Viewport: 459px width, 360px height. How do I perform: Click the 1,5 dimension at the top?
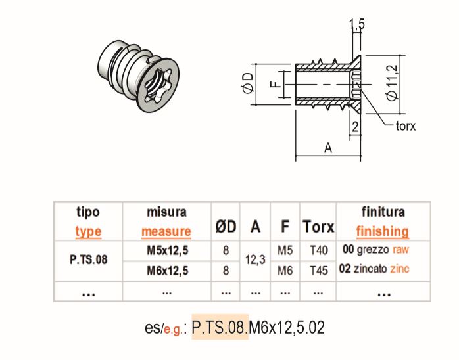[x=357, y=24]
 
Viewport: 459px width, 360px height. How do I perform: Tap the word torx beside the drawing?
[x=405, y=125]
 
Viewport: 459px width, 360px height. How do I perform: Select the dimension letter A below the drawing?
[x=328, y=148]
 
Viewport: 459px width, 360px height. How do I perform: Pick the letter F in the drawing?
[x=275, y=83]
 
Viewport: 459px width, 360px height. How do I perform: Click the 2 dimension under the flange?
[x=355, y=127]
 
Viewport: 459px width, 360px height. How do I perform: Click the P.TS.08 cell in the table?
[x=88, y=259]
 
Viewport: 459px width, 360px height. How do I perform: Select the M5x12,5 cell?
[x=166, y=250]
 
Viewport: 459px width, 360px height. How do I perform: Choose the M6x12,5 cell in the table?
[x=166, y=269]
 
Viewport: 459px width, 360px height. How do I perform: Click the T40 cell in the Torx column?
[x=318, y=250]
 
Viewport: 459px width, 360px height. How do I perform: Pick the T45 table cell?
[x=318, y=269]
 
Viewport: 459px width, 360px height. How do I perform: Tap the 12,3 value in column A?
[x=255, y=259]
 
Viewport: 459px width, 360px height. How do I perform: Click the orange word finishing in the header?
[x=383, y=231]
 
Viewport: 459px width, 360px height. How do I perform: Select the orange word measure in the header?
[x=166, y=231]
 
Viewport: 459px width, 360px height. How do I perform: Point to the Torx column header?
[x=318, y=227]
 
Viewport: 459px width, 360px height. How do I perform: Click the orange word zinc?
[x=400, y=269]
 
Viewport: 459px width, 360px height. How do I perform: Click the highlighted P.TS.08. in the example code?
[x=220, y=326]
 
